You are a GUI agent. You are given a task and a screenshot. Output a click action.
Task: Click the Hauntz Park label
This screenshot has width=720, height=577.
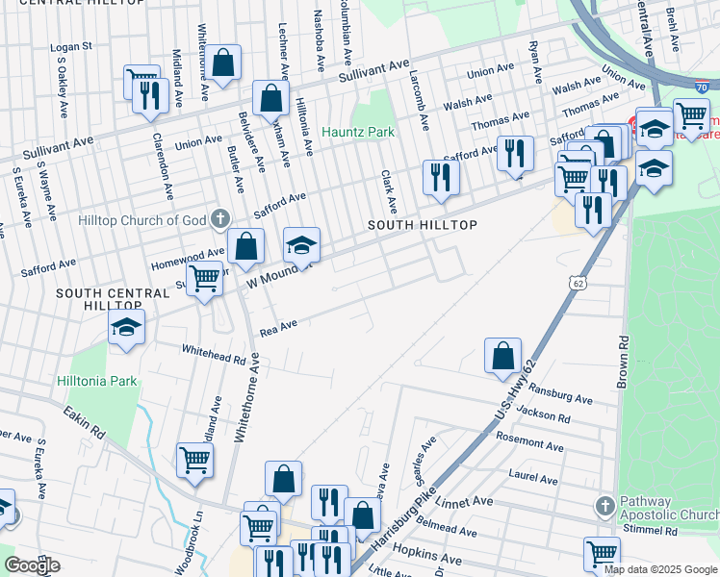pyautogui.click(x=358, y=131)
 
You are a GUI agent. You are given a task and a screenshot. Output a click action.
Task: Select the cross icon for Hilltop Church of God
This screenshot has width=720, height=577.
pyautogui.click(x=219, y=220)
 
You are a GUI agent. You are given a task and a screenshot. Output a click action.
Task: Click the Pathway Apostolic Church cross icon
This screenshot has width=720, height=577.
pyautogui.click(x=604, y=505)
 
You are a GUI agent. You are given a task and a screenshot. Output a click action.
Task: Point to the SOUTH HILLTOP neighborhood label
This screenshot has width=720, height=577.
pyautogui.click(x=423, y=224)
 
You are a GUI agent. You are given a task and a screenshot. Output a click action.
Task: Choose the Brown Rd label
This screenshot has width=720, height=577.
pyautogui.click(x=624, y=355)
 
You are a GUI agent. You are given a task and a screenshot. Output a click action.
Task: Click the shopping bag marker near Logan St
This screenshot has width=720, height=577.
pyautogui.click(x=223, y=63)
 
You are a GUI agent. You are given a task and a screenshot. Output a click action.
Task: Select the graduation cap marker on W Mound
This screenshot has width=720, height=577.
pyautogui.click(x=301, y=245)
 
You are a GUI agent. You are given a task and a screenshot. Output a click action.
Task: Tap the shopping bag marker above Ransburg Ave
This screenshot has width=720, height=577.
pyautogui.click(x=502, y=355)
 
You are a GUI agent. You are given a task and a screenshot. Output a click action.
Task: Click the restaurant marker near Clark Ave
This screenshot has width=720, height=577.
pyautogui.click(x=441, y=176)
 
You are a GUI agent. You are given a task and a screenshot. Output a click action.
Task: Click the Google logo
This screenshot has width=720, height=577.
pyautogui.click(x=32, y=565)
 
